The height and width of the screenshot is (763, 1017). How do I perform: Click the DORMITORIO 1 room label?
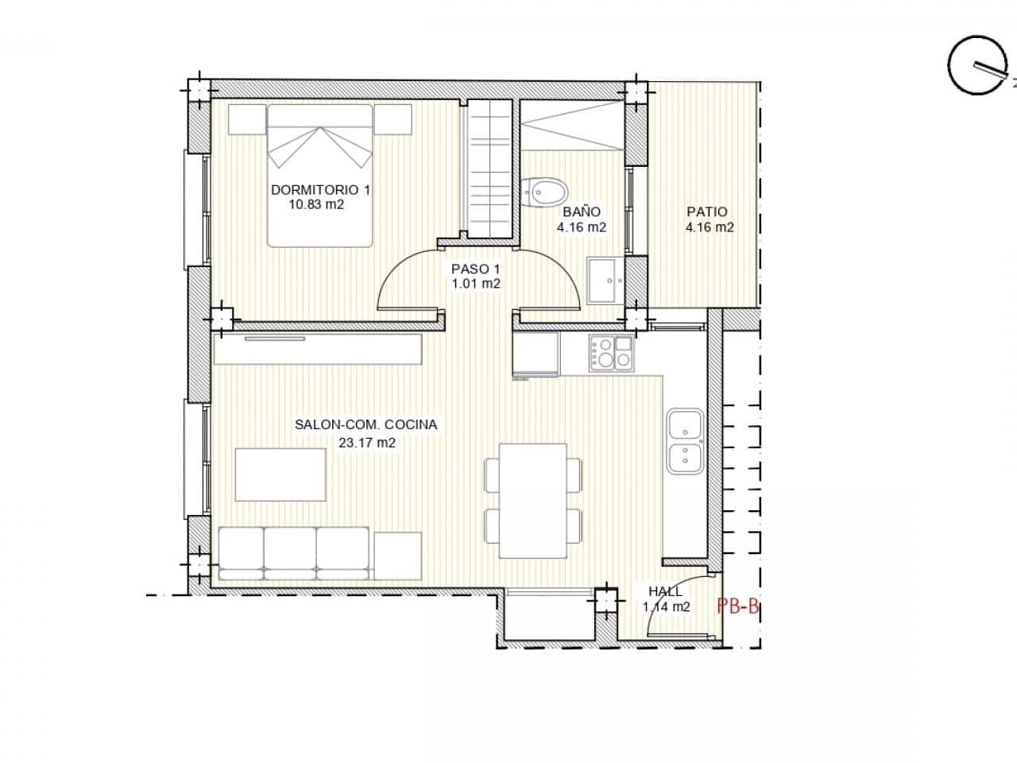click(x=320, y=190)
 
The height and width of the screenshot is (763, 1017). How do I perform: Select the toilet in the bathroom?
click(x=546, y=192)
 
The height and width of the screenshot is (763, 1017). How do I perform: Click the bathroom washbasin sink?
click(x=606, y=280)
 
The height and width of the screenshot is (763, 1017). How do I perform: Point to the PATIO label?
click(x=707, y=212)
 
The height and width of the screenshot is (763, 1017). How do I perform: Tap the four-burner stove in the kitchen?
click(x=610, y=353)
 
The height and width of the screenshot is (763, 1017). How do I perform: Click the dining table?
click(x=532, y=501)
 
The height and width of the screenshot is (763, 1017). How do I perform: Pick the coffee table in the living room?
click(x=281, y=474)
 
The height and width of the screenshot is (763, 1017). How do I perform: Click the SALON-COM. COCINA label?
click(x=365, y=425)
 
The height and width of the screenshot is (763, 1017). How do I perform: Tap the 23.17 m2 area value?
click(x=366, y=443)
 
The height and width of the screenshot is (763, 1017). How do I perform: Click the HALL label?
click(x=665, y=591)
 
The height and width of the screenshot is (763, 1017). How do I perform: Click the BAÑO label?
click(x=582, y=212)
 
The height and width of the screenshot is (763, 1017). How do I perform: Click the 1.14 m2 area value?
click(x=666, y=607)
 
